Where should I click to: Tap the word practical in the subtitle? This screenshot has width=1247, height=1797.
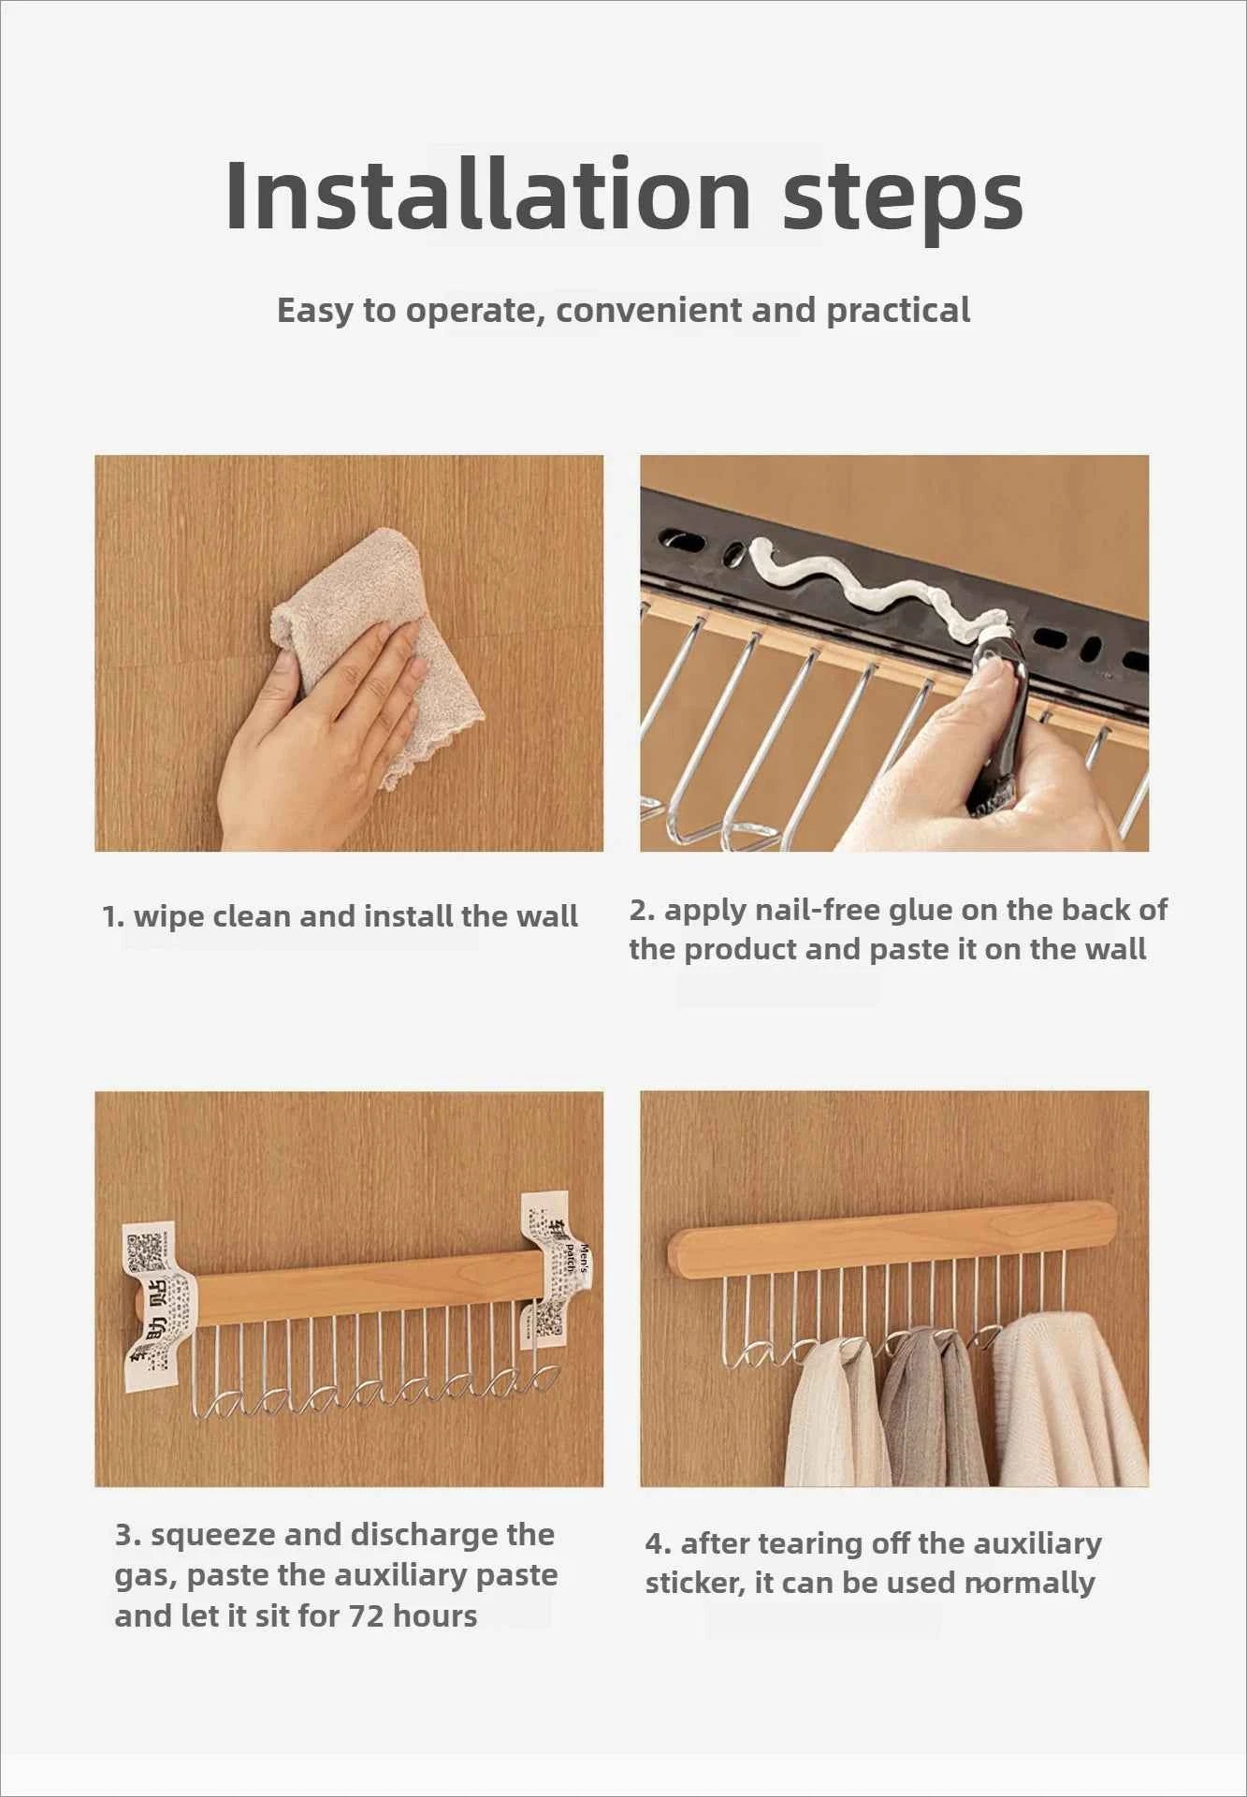click(898, 311)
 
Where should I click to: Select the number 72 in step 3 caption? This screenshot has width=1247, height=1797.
click(367, 1616)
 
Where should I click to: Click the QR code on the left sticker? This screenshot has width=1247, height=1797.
click(144, 1250)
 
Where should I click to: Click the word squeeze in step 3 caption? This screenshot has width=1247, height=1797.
click(212, 1535)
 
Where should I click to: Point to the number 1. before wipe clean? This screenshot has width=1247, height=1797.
click(113, 916)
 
